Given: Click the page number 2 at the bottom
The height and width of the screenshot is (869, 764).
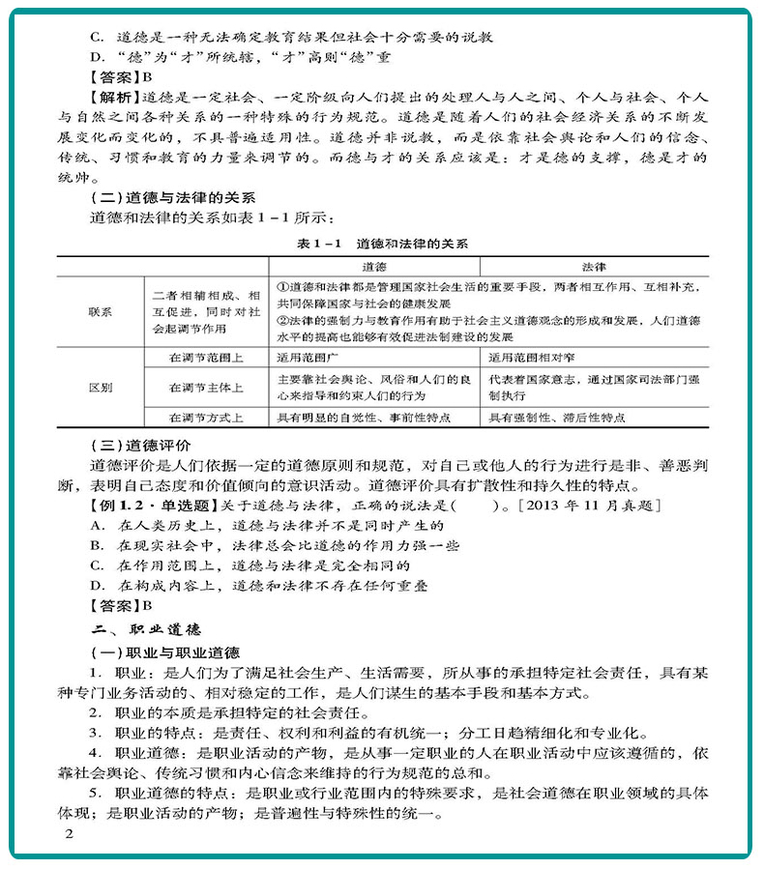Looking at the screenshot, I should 68,834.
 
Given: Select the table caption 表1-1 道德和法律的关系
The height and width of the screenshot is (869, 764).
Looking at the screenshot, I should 382,244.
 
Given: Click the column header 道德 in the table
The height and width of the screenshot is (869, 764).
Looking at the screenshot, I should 373,266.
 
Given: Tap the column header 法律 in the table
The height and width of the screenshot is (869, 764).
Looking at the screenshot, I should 594,266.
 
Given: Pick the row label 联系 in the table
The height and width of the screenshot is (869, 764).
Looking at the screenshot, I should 100,311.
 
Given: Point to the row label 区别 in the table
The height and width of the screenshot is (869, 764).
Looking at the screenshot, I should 100,387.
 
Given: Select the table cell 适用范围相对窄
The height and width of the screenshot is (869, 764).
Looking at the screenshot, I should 535,356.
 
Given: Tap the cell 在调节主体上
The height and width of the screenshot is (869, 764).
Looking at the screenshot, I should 205,387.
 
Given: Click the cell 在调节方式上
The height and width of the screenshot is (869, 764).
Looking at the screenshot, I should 205,418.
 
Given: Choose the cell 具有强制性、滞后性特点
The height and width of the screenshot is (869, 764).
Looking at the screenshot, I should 557,418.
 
